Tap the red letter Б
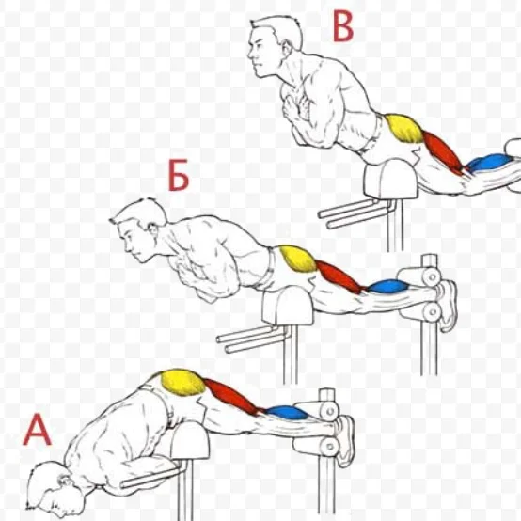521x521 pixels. pyautogui.click(x=179, y=176)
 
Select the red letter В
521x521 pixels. pyautogui.click(x=343, y=27)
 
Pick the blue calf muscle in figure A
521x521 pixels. pyautogui.click(x=288, y=412)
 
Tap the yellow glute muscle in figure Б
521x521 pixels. pyautogui.click(x=298, y=259)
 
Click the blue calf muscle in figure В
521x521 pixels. pyautogui.click(x=487, y=164)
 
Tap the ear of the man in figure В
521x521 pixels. pyautogui.click(x=287, y=49)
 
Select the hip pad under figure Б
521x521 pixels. pyautogui.click(x=288, y=307)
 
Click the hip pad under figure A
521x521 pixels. pyautogui.click(x=190, y=441)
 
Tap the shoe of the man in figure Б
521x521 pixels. pyautogui.click(x=449, y=306)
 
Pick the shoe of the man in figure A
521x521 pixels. pyautogui.click(x=345, y=440)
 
